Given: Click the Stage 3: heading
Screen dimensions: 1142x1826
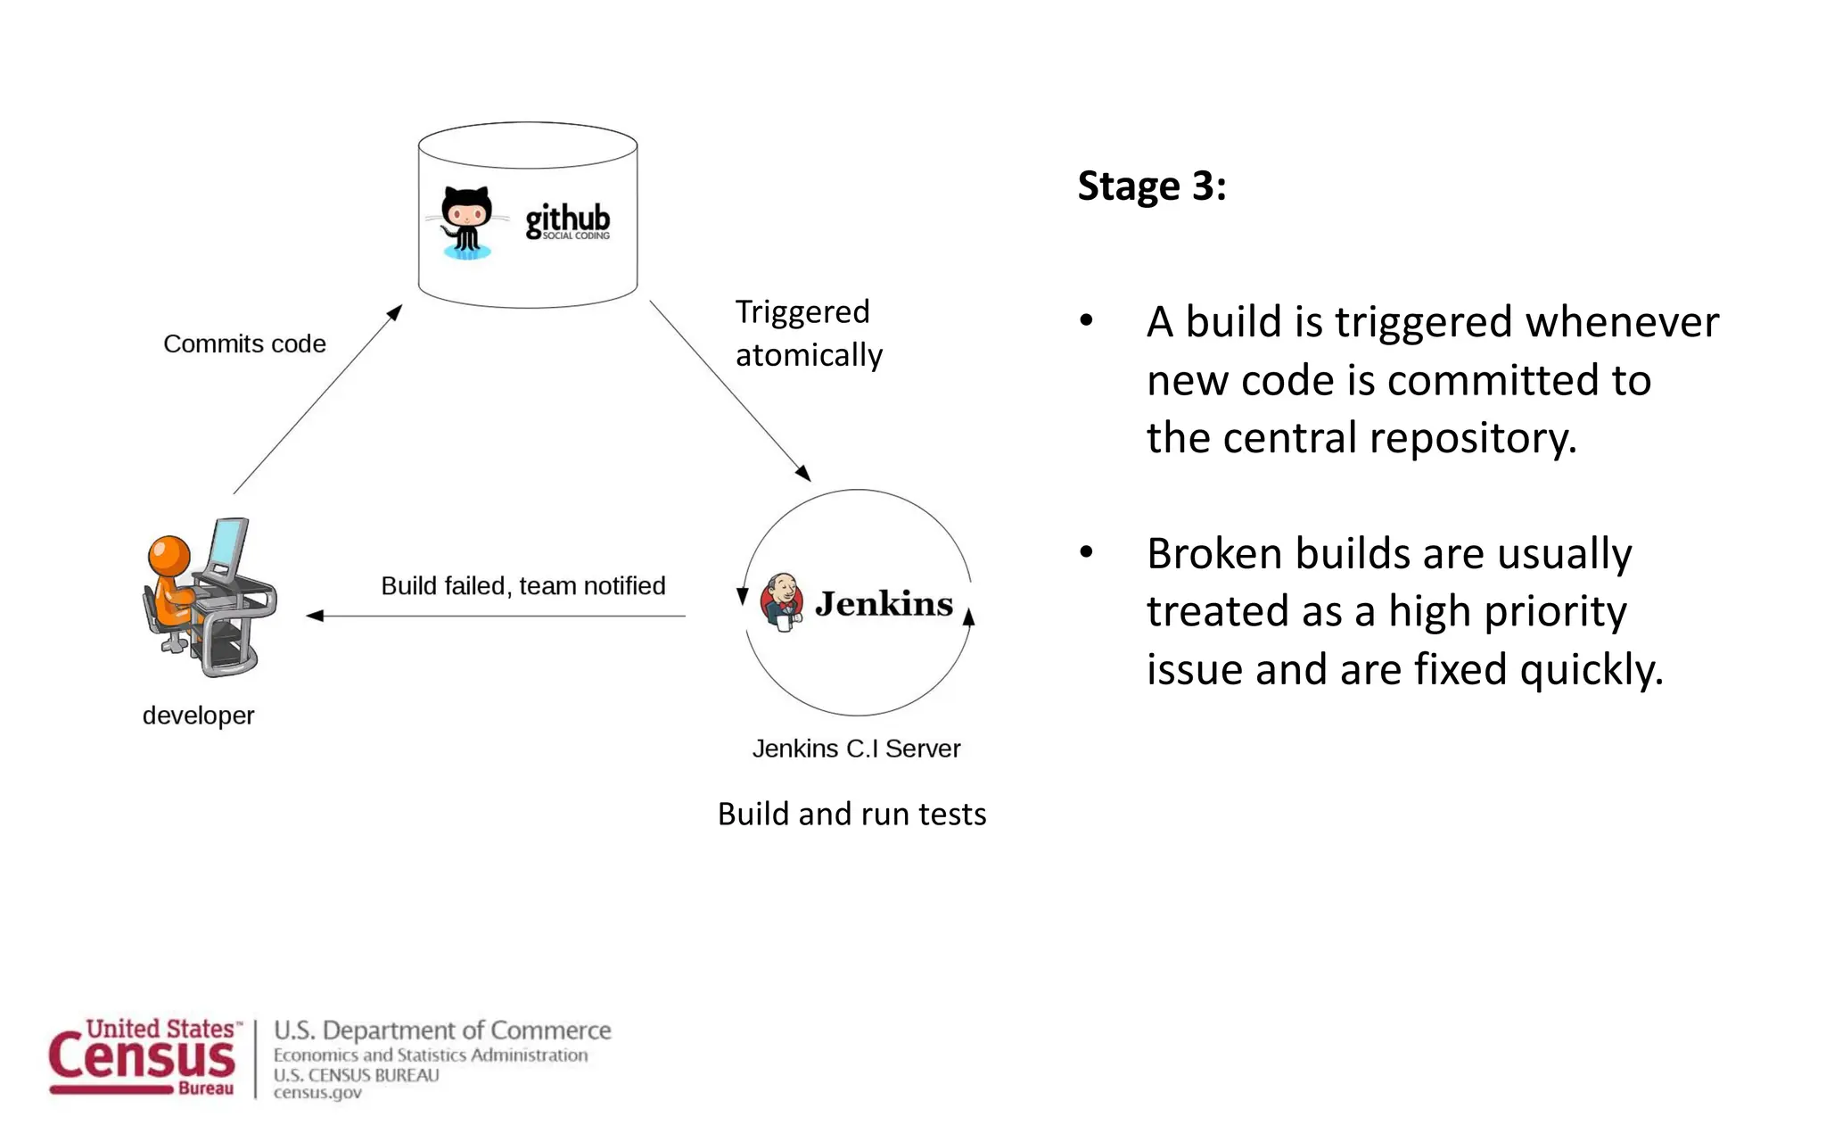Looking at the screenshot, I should coord(1151,186).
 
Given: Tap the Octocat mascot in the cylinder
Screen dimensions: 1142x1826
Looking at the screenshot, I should coord(466,221).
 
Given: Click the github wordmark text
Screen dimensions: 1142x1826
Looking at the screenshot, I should coord(567,219).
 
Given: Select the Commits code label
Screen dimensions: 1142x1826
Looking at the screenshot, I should coord(244,344).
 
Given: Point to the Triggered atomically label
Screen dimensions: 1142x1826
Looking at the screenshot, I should coord(808,334).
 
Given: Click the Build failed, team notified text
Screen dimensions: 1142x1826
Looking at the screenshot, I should coord(523,586).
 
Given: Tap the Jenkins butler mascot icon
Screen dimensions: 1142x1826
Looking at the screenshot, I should coord(782,602).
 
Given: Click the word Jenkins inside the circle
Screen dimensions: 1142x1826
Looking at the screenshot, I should coord(884,604).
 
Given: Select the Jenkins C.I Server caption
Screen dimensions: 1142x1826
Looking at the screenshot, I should coord(856,749).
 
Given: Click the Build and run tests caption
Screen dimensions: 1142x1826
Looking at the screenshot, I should coord(851,814).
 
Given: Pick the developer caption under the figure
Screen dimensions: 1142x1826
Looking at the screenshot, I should coord(198,716).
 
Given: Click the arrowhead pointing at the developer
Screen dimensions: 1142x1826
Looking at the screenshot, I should coord(314,616).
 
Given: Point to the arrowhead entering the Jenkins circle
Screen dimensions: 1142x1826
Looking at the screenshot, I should coord(802,473).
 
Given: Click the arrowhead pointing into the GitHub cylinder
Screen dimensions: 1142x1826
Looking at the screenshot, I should coord(394,312).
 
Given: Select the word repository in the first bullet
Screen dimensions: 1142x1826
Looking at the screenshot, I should coord(1472,439).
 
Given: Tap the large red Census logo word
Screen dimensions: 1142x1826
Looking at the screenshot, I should coord(143,1059).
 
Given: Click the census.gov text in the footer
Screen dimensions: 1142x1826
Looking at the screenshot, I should coord(317,1093).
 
